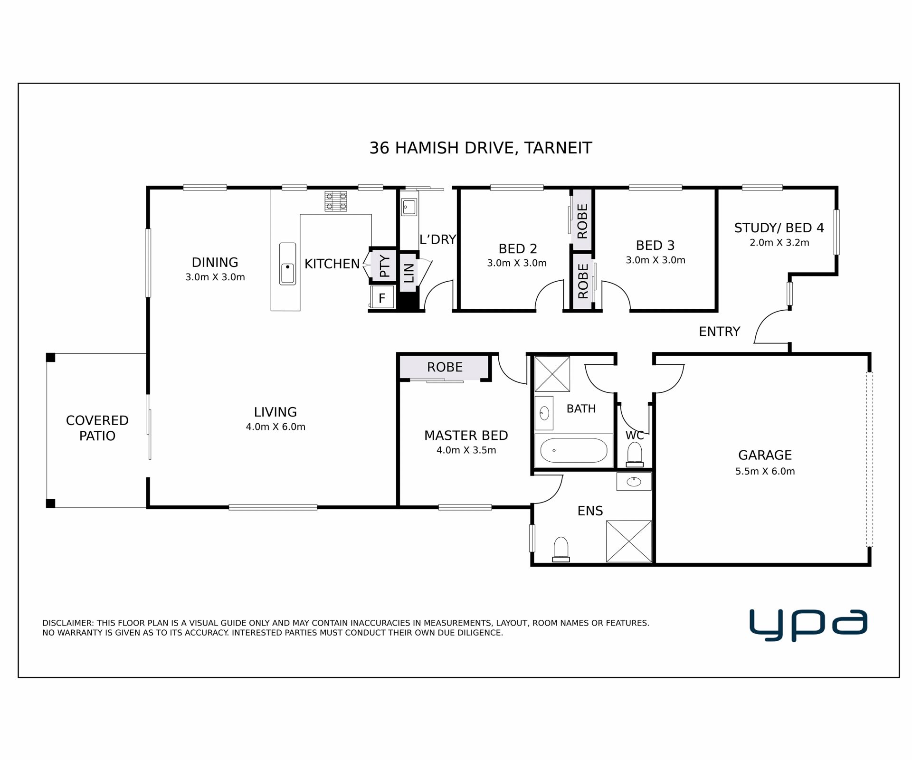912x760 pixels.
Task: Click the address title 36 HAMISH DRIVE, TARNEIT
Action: pyautogui.click(x=480, y=148)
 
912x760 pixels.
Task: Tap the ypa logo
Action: pyautogui.click(x=808, y=625)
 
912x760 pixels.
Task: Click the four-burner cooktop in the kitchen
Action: pyautogui.click(x=336, y=201)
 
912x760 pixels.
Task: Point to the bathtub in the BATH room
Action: pyautogui.click(x=574, y=450)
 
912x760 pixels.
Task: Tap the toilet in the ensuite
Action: pyautogui.click(x=561, y=550)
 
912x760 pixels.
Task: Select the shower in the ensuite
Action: pyautogui.click(x=629, y=541)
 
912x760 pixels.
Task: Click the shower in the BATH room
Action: pyautogui.click(x=552, y=374)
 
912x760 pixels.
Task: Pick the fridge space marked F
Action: pyautogui.click(x=382, y=297)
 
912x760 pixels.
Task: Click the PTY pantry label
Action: pyautogui.click(x=385, y=266)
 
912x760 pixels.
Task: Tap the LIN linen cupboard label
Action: pyautogui.click(x=409, y=273)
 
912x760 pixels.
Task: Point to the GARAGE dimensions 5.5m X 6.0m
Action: pyautogui.click(x=765, y=472)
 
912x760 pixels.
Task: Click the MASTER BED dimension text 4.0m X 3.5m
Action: pyautogui.click(x=466, y=450)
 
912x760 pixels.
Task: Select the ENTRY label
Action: pyautogui.click(x=719, y=332)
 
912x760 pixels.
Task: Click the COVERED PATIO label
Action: pyautogui.click(x=97, y=428)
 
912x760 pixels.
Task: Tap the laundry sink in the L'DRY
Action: pyautogui.click(x=409, y=207)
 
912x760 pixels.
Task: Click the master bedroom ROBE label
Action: pyautogui.click(x=445, y=367)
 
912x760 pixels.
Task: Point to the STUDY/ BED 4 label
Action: pyautogui.click(x=779, y=228)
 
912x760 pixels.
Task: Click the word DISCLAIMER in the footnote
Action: pyautogui.click(x=68, y=623)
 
